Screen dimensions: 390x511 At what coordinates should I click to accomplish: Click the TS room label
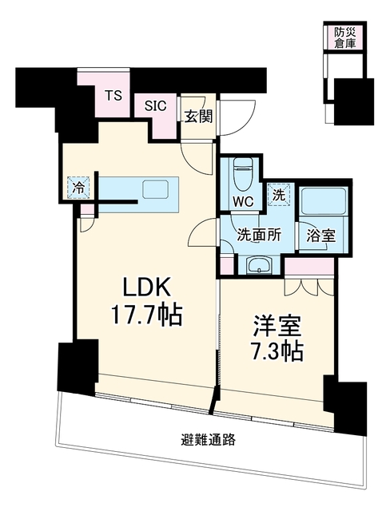tap(113, 96)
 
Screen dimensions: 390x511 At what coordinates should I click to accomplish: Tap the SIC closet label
tap(156, 105)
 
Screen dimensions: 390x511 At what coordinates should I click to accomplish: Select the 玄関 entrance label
tap(198, 117)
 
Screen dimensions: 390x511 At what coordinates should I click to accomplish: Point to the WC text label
tap(243, 202)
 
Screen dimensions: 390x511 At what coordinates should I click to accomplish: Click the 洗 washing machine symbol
tap(279, 195)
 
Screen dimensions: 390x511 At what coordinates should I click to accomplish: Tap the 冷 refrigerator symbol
tap(78, 187)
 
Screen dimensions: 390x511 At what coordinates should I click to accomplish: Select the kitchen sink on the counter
tap(156, 190)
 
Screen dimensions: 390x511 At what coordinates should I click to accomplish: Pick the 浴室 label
tap(321, 236)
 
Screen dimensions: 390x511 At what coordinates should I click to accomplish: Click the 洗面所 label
tap(259, 235)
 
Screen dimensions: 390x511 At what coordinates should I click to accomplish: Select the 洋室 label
tap(277, 327)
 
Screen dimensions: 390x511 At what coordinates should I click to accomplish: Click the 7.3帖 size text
tap(277, 351)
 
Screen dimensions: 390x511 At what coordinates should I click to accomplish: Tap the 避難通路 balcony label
tap(209, 440)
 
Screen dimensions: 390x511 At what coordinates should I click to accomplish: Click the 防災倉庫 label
tap(344, 38)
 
